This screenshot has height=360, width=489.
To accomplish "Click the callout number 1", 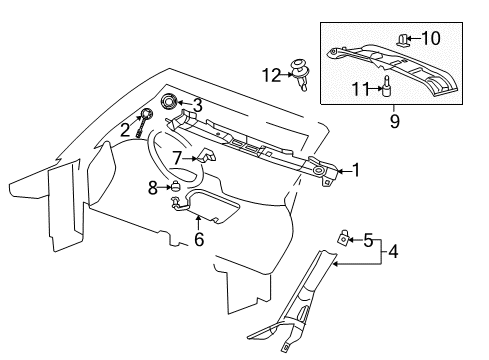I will click(355, 171).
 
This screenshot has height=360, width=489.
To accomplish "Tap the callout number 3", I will click(198, 105).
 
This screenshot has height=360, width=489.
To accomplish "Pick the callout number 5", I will click(367, 239).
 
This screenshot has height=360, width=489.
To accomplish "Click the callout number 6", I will click(199, 239).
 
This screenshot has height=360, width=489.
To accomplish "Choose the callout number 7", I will click(177, 158).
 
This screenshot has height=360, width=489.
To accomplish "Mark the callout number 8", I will click(153, 186).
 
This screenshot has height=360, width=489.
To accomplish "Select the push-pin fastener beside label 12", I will click(299, 71).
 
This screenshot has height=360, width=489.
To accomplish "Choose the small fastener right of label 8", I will click(174, 186).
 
